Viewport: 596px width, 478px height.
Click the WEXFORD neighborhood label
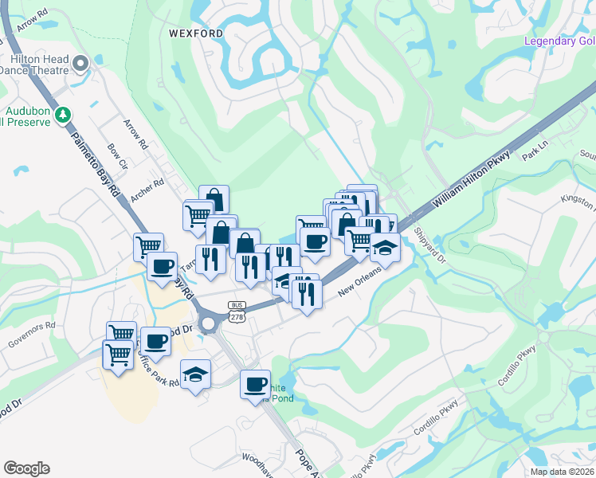195,33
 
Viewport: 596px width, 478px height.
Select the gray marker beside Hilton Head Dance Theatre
80,62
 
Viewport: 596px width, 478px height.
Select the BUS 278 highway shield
237,311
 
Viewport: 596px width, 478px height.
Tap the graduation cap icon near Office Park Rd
195,373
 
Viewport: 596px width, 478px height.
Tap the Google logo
26,468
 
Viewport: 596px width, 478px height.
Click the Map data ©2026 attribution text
562,472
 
